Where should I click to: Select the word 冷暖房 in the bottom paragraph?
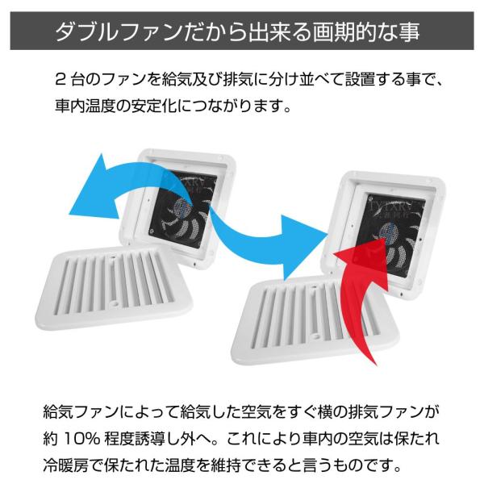[66, 466]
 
